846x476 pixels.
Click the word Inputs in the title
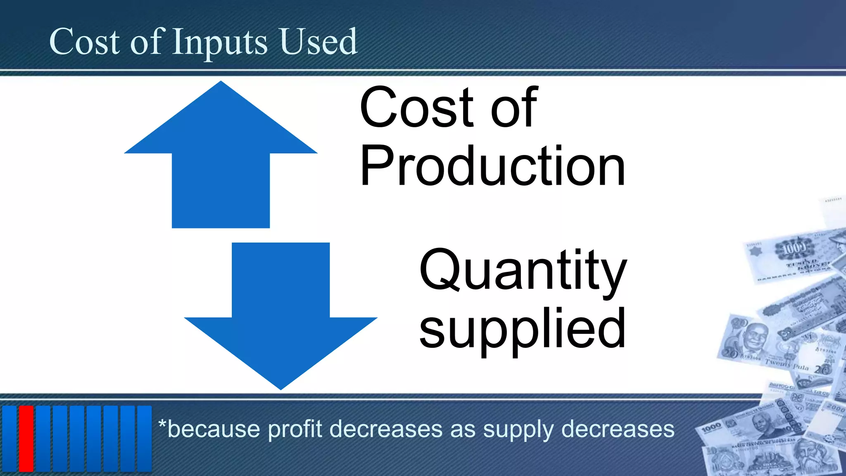220,42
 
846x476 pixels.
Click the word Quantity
523,271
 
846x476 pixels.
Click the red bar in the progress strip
26,438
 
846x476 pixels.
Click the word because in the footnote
214,429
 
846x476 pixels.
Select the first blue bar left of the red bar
10,438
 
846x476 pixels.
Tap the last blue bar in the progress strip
145,438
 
